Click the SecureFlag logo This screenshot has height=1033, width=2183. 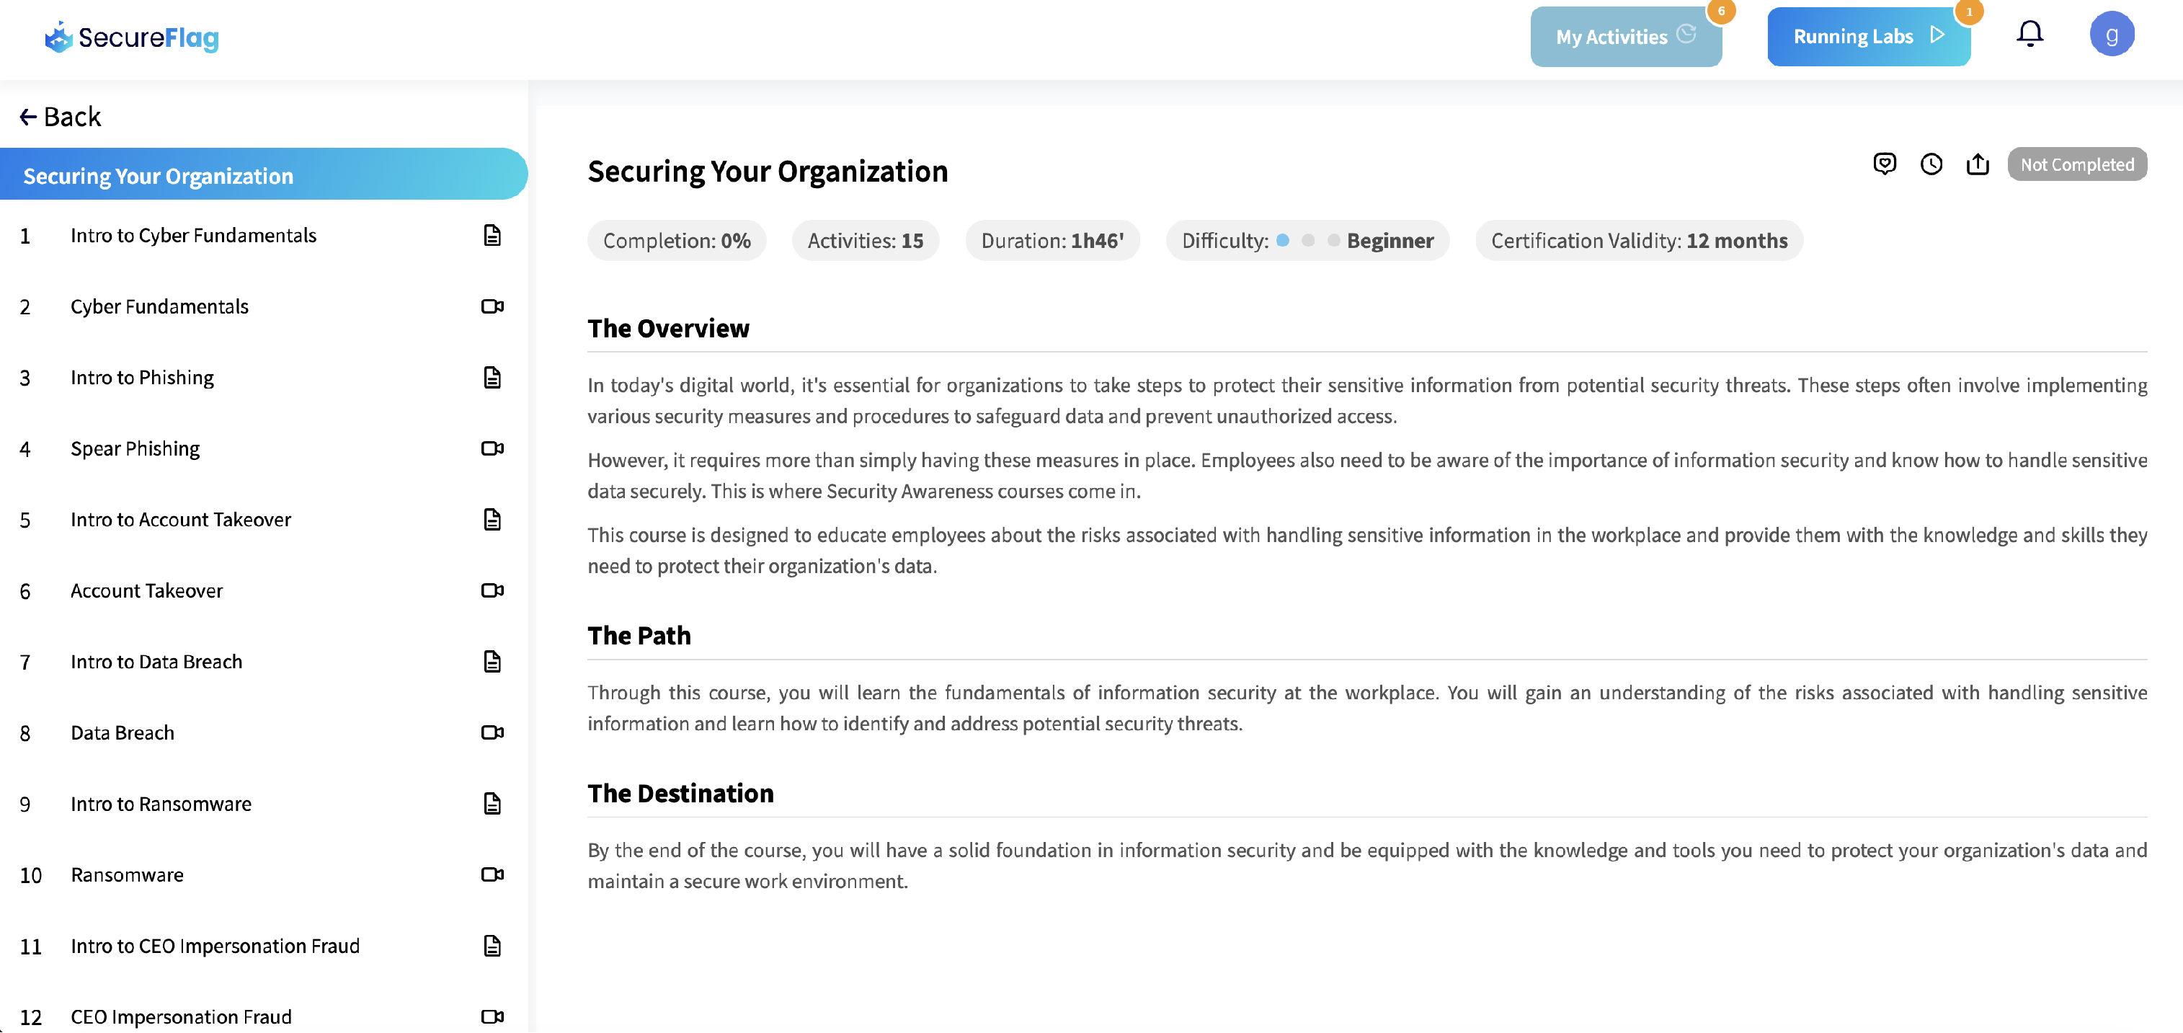(132, 37)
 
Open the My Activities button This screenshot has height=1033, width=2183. (1624, 37)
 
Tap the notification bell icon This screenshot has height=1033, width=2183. (2029, 34)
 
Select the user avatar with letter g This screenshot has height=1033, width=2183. (2110, 35)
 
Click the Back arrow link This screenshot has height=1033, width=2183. (60, 117)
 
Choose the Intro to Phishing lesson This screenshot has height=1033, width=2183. (143, 377)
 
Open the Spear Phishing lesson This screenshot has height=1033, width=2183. (135, 448)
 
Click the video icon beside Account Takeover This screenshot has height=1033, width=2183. (492, 590)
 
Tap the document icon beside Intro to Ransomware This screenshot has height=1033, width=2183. (492, 803)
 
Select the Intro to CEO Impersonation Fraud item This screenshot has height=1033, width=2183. (215, 946)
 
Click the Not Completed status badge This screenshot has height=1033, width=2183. (2076, 164)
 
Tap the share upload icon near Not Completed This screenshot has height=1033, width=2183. (1977, 164)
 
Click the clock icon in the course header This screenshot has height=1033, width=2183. (1931, 164)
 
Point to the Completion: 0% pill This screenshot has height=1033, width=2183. (676, 241)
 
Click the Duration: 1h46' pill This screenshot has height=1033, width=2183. (1052, 241)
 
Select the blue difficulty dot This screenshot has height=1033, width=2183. (1282, 241)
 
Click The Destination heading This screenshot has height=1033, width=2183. (680, 793)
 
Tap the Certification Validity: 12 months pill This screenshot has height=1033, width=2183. (1638, 241)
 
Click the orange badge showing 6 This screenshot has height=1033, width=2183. (1720, 12)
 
